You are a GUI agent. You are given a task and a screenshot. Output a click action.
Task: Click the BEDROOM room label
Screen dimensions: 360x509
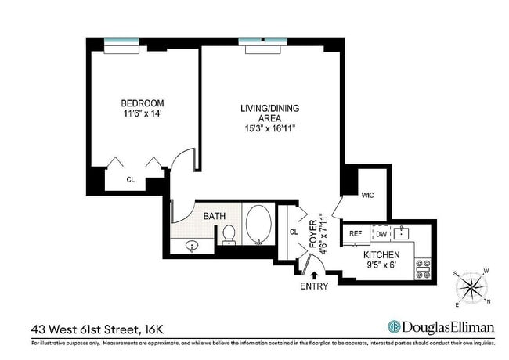point(142,103)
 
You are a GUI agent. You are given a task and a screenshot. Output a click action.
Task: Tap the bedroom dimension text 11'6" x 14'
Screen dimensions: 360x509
point(142,114)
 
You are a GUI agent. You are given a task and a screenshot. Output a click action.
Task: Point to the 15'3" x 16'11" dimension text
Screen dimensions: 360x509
point(269,128)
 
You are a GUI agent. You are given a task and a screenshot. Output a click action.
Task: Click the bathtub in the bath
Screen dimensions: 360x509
point(258,224)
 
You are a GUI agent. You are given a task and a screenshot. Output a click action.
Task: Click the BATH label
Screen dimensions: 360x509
point(215,216)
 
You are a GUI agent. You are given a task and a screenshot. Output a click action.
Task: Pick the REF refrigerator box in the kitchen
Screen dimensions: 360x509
point(356,233)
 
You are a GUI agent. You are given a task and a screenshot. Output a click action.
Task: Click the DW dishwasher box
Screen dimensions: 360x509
point(381,233)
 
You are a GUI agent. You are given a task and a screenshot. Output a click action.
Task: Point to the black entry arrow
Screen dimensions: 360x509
point(315,275)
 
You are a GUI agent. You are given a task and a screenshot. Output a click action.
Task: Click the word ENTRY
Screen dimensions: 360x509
point(315,287)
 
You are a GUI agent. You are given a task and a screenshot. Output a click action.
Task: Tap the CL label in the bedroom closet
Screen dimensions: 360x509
point(131,179)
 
